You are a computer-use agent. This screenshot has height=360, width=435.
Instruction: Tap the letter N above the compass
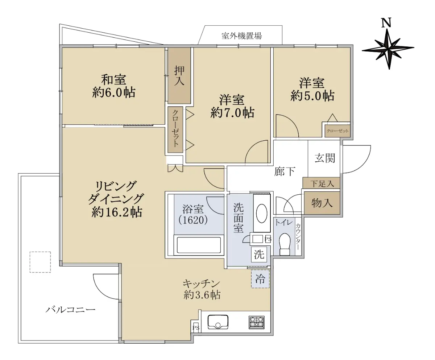(x=386, y=23)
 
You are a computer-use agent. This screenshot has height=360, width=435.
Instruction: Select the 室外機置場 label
(x=241, y=36)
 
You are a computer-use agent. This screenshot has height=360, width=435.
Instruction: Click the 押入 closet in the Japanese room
(x=179, y=75)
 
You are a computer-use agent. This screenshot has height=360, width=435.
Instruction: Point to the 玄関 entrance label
(x=325, y=158)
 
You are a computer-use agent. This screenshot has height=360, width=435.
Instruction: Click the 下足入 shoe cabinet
(x=321, y=183)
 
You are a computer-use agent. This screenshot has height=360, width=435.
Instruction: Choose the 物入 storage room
(x=322, y=203)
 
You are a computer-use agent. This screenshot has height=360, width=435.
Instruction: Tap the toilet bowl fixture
(x=285, y=244)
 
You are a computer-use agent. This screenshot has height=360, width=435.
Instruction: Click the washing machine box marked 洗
(x=259, y=255)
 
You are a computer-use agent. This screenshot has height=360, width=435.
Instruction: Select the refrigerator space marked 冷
(x=260, y=279)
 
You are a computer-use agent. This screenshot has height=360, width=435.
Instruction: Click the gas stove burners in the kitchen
(x=256, y=323)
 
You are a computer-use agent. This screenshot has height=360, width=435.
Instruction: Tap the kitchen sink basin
(x=218, y=322)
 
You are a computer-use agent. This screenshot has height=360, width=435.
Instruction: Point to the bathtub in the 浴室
(x=199, y=245)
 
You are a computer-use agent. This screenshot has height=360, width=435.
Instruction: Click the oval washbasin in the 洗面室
(x=262, y=213)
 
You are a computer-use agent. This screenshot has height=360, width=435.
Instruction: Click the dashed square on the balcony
(x=40, y=262)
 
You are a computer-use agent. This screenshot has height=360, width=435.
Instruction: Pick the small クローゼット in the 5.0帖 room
(x=337, y=131)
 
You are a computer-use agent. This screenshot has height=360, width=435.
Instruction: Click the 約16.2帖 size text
(x=117, y=213)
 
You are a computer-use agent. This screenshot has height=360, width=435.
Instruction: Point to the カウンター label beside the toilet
(x=298, y=237)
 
